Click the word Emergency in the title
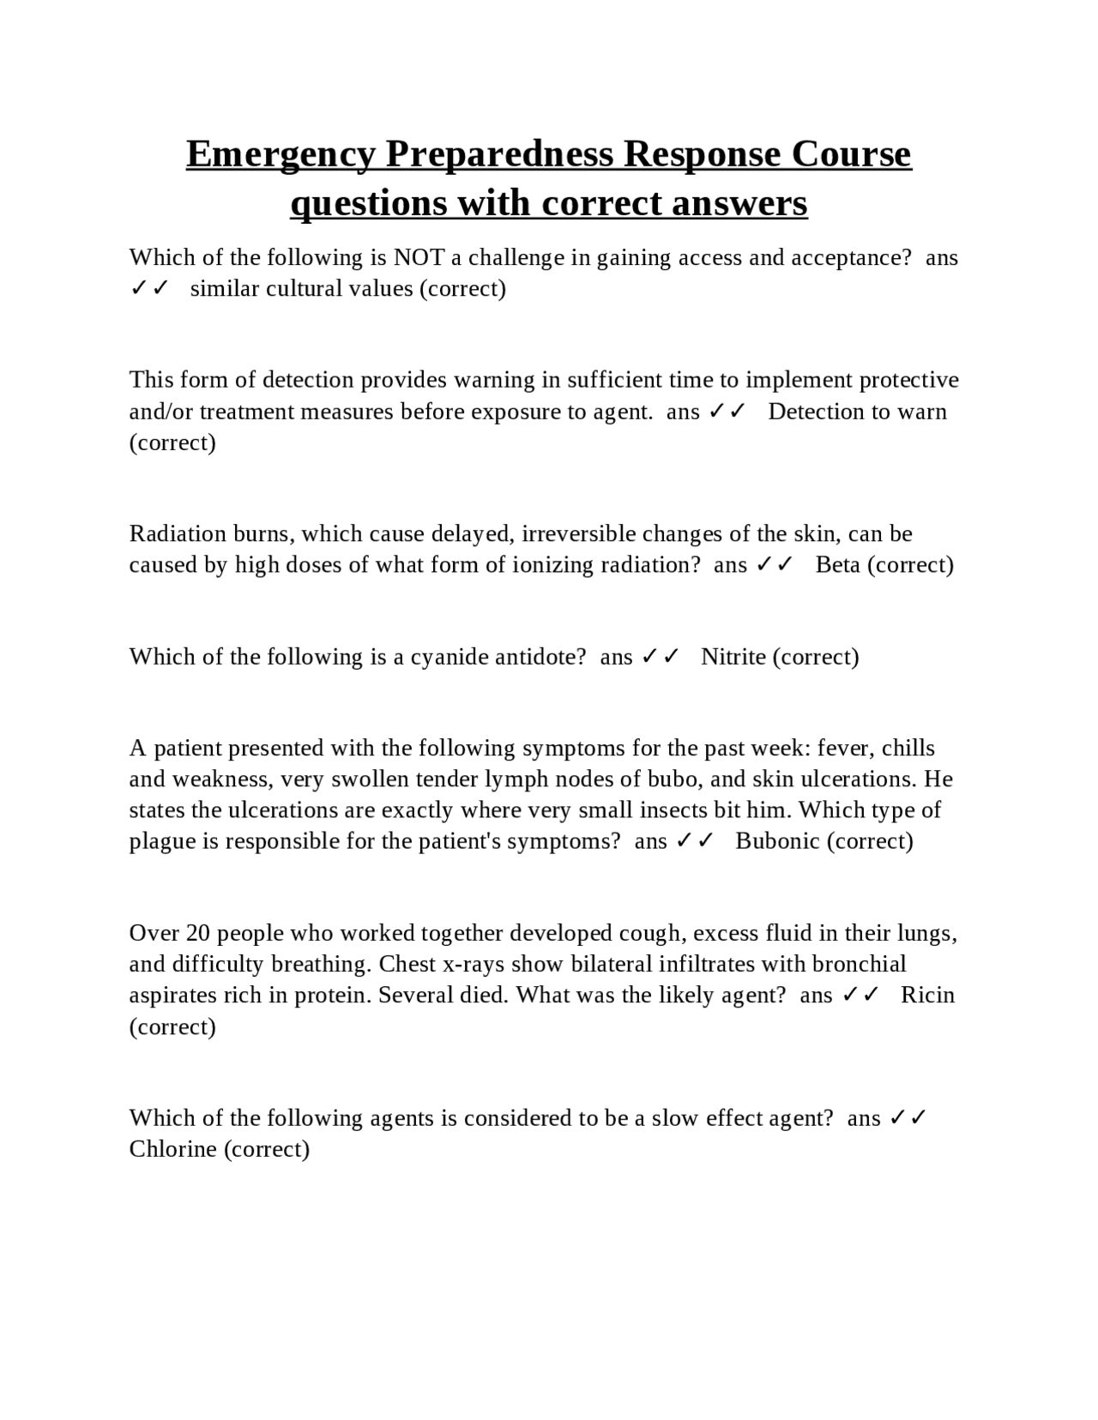[281, 154]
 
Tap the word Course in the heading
[851, 154]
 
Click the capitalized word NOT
[419, 257]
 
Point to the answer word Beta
[837, 564]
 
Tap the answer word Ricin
[927, 995]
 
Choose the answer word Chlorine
[172, 1149]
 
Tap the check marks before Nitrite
[661, 657]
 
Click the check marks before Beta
[775, 564]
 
